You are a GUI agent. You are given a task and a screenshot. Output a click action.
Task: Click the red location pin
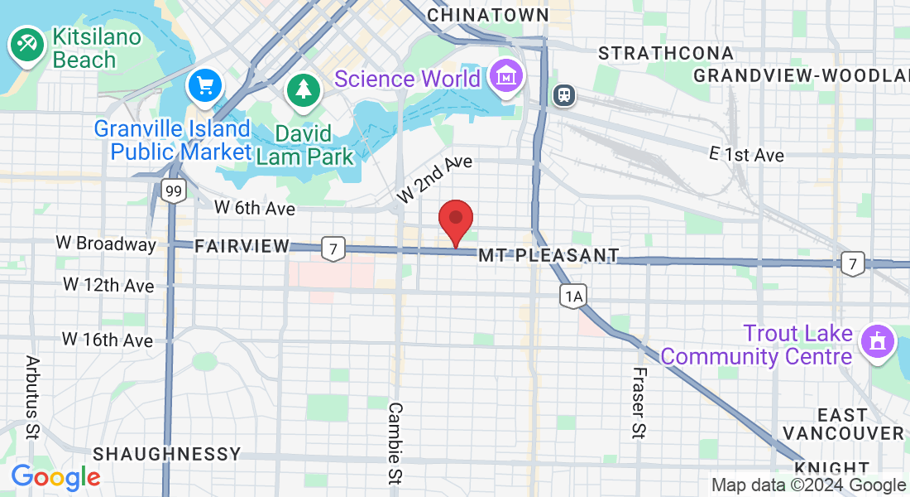(x=455, y=220)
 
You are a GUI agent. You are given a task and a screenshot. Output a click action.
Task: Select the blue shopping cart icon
(x=204, y=85)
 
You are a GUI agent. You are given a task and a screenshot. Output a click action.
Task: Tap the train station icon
(x=565, y=94)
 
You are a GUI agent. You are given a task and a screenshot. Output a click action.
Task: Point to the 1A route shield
(x=572, y=296)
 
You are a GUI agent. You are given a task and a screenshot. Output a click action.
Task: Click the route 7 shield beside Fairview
(x=333, y=248)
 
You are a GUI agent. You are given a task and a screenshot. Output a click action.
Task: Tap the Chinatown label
(x=488, y=15)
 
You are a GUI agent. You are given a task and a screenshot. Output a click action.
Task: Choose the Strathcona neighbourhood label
(x=666, y=53)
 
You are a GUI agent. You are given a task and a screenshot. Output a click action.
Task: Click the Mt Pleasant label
(x=548, y=255)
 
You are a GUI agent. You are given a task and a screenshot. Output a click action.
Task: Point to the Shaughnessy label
(x=167, y=454)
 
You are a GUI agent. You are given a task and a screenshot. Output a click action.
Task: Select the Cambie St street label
(x=396, y=442)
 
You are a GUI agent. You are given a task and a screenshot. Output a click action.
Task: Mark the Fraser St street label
(x=639, y=402)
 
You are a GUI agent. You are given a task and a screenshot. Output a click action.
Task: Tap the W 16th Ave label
(x=108, y=340)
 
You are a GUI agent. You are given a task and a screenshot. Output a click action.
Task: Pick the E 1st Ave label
(x=747, y=155)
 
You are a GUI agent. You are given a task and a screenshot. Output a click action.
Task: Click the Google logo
(x=55, y=476)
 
